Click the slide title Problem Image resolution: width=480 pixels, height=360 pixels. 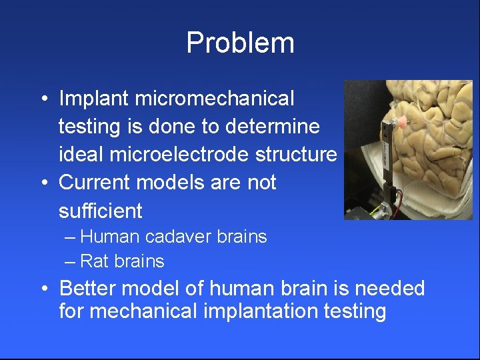pos(240,43)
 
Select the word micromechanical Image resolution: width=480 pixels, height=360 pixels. pos(214,99)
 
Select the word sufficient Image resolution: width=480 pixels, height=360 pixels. pos(101,211)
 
